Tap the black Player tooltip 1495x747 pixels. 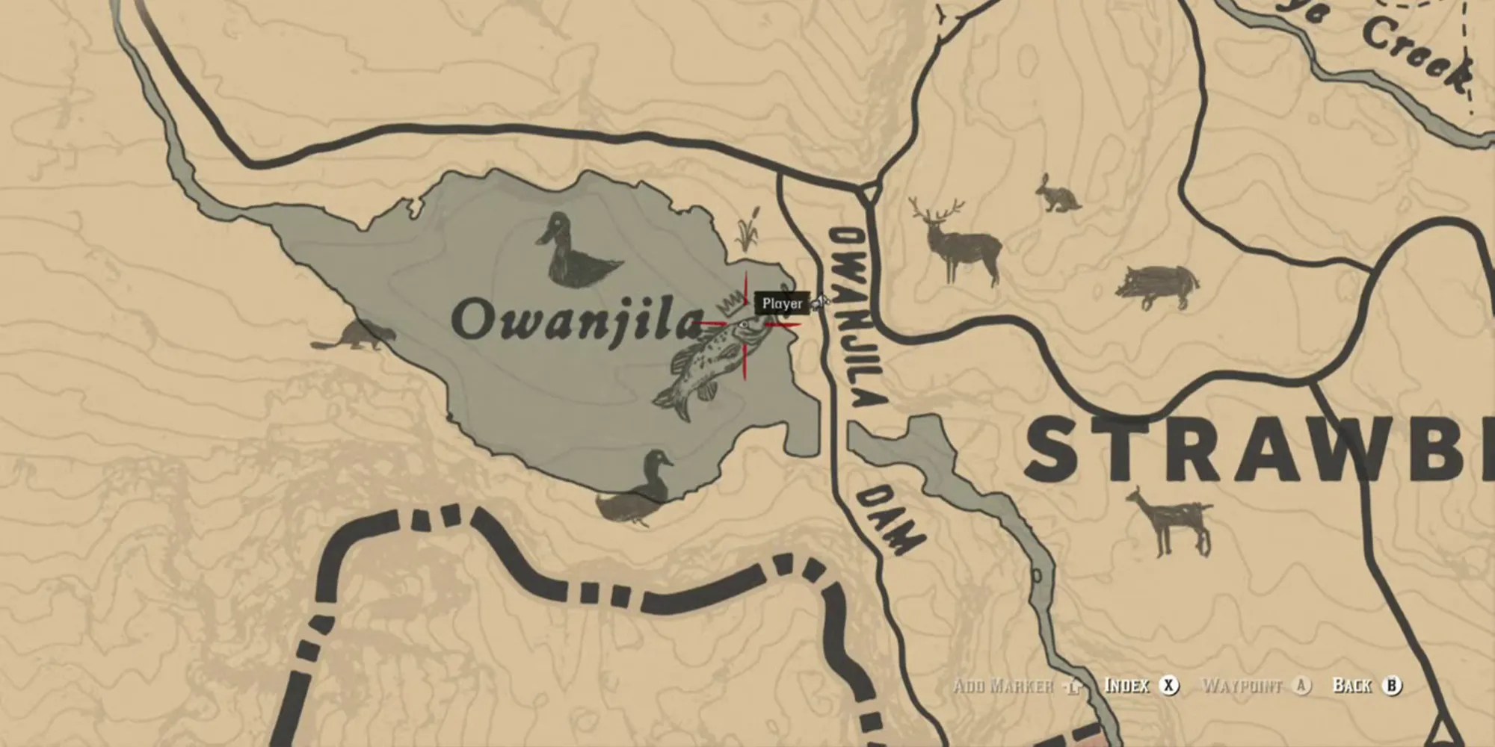click(782, 304)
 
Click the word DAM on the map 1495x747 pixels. click(893, 517)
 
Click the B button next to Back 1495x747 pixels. click(1392, 685)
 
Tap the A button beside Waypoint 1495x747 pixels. click(1302, 685)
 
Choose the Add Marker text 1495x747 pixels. click(1003, 686)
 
